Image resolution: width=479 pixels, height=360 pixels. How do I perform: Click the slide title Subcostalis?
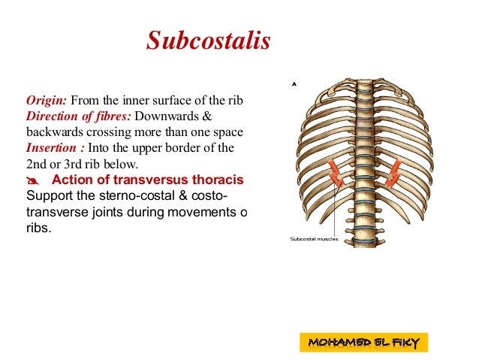[208, 41]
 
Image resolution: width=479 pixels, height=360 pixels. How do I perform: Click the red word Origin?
[47, 101]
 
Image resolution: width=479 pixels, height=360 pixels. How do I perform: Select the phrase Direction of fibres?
[78, 116]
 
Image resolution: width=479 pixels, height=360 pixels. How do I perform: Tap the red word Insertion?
[52, 147]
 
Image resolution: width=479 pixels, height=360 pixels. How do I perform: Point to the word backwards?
[53, 132]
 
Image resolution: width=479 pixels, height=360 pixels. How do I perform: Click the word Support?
[50, 196]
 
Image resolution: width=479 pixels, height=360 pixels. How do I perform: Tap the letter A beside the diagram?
[294, 84]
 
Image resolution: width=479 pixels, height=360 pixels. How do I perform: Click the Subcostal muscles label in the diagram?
[314, 240]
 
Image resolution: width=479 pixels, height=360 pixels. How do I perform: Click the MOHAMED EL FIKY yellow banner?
[363, 343]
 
